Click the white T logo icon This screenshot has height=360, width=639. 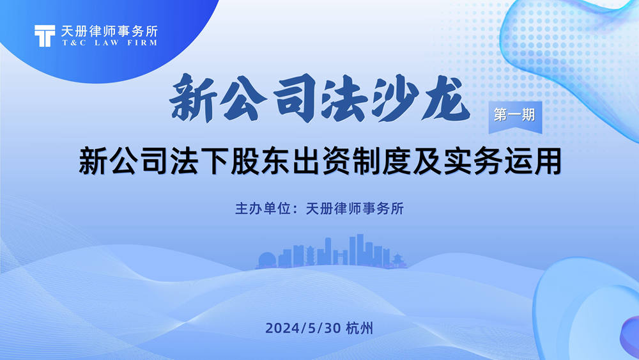click(x=45, y=36)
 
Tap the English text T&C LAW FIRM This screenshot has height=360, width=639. click(x=110, y=42)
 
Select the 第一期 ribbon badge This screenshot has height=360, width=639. click(x=515, y=117)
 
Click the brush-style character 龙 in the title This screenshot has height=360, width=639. click(x=447, y=98)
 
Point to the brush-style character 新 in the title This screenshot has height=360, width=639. click(x=194, y=98)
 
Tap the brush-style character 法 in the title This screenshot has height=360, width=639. click(x=345, y=98)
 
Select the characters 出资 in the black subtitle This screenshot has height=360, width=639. click(x=321, y=162)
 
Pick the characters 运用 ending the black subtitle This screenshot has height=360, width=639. click(x=533, y=162)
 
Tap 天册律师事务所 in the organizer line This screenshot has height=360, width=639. click(x=355, y=208)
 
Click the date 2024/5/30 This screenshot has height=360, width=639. click(x=303, y=328)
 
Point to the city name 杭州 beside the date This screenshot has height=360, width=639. click(x=359, y=328)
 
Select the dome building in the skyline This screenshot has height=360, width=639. click(x=267, y=260)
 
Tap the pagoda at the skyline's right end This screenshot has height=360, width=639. click(x=397, y=261)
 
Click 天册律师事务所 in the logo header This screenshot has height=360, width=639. click(x=109, y=31)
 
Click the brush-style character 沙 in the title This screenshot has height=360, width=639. click(x=396, y=98)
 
